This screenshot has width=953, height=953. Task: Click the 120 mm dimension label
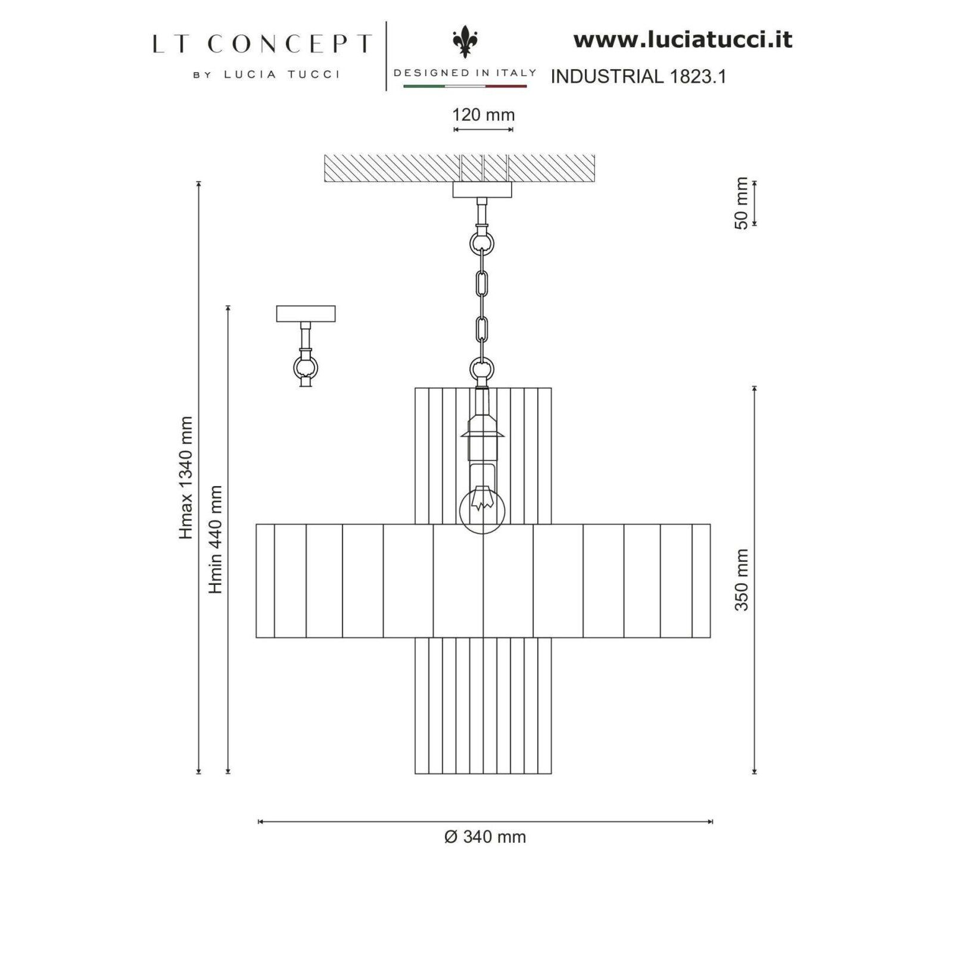483,114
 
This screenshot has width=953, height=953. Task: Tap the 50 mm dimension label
742,203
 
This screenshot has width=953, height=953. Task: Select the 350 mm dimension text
742,580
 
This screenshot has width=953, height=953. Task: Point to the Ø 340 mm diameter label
485,837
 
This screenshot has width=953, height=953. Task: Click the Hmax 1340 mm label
186,478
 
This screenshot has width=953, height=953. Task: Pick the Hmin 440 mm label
215,540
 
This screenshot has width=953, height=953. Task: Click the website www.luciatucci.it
683,40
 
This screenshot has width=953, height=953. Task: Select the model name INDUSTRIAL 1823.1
639,76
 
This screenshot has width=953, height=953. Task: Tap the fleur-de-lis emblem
465,42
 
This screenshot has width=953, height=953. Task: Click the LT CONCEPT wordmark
261,44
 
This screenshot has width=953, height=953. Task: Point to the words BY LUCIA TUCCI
266,74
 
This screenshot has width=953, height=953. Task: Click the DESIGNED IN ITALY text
465,73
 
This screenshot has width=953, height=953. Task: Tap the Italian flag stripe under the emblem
465,86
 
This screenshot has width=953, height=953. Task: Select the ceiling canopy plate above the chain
482,189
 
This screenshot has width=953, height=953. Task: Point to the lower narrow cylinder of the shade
483,706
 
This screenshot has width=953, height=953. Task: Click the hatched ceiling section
459,168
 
